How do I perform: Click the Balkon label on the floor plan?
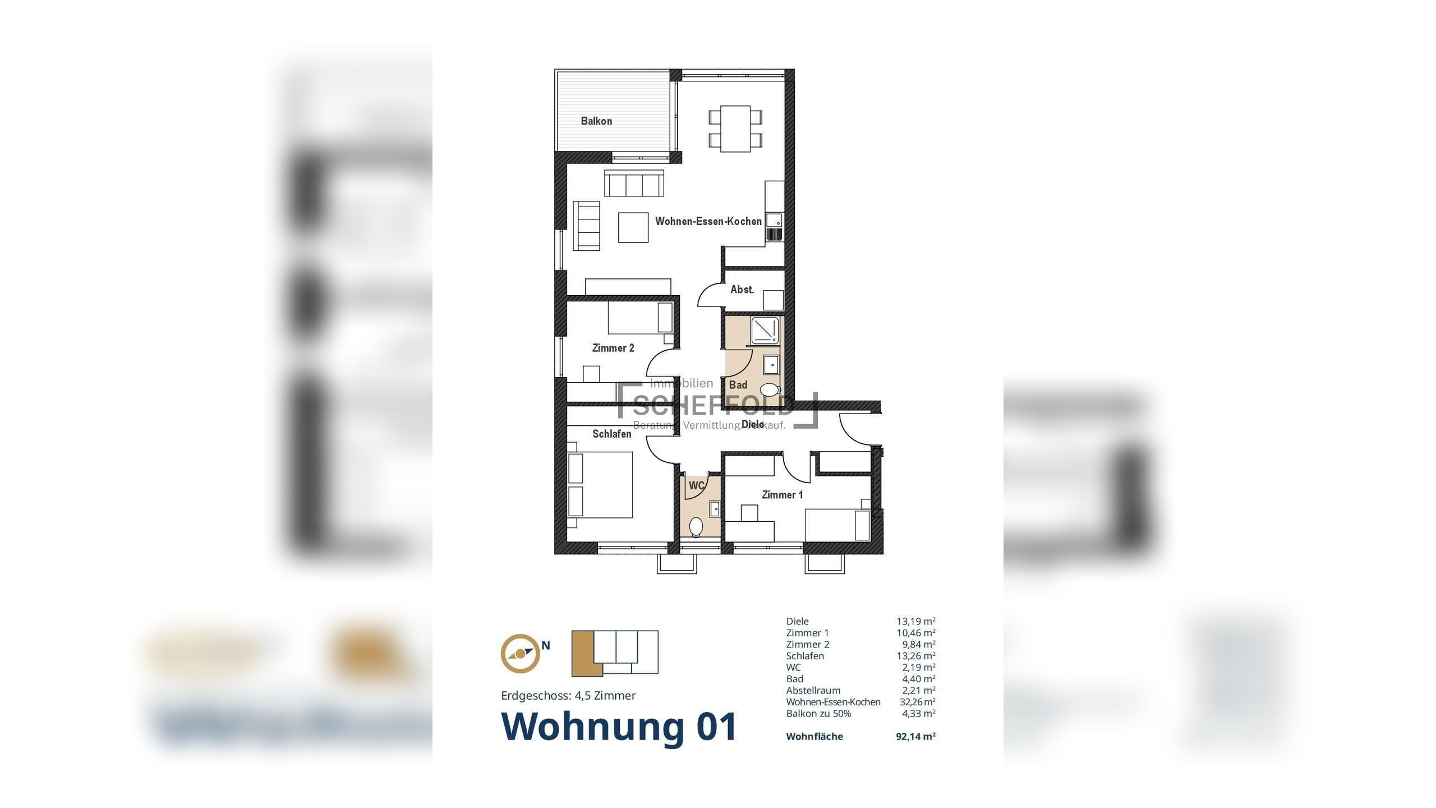[x=596, y=121]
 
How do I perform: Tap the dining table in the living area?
[x=735, y=128]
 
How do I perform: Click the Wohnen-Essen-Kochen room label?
[x=708, y=222]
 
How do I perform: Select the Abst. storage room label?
[x=742, y=290]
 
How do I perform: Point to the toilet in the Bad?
[x=770, y=389]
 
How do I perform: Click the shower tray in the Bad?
[x=765, y=331]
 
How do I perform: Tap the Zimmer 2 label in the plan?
[x=613, y=348]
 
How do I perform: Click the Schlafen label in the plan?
[x=611, y=434]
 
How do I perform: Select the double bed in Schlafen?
[x=601, y=485]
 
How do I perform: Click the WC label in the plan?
[x=696, y=486]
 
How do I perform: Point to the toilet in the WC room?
[x=696, y=526]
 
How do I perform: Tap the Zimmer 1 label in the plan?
[x=782, y=495]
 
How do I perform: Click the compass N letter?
[x=545, y=646]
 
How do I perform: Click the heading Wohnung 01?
[x=619, y=727]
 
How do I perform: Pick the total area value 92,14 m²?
[x=915, y=737]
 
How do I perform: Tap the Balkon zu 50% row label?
[x=818, y=714]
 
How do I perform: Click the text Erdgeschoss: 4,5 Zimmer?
[x=568, y=696]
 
